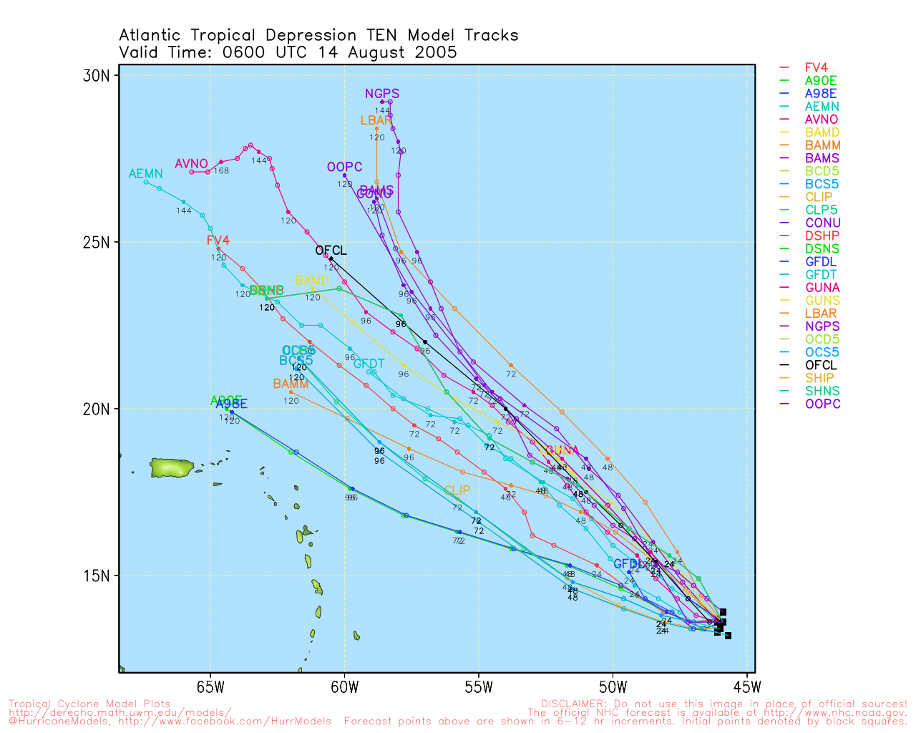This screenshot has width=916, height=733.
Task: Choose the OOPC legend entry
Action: (x=822, y=404)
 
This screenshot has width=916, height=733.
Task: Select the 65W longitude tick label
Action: (x=210, y=689)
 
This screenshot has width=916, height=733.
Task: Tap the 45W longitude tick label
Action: (x=747, y=689)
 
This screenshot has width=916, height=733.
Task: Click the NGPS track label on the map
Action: (x=382, y=94)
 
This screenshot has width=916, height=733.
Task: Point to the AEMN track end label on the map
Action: (x=145, y=174)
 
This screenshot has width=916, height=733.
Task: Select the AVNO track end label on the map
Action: (x=191, y=164)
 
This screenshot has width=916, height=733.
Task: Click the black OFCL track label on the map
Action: (x=331, y=251)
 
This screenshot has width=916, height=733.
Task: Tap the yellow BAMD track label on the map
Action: (x=312, y=281)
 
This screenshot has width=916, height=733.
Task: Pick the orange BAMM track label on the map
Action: (x=291, y=384)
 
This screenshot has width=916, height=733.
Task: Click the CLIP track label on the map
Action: (x=457, y=490)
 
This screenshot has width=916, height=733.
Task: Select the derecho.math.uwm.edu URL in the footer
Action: (x=120, y=713)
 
